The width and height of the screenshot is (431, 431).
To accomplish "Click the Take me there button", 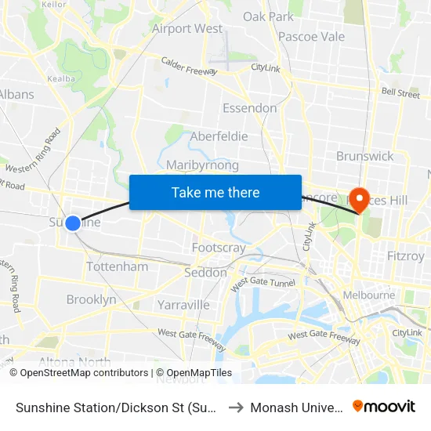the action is tap(215, 192).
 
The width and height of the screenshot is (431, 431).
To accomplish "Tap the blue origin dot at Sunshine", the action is tap(73, 223).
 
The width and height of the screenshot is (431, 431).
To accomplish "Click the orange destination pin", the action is tap(360, 199).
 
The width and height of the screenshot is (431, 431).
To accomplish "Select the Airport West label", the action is tap(187, 29).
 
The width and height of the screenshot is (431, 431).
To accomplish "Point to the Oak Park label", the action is tap(268, 16).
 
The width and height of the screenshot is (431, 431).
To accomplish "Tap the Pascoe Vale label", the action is tap(311, 36).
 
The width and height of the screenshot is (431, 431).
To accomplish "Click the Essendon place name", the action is tap(249, 107).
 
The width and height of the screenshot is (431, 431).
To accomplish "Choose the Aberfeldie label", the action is tap(219, 136).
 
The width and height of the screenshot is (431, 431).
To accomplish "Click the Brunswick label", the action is tap(365, 156).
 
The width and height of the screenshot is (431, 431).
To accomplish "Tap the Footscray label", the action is tap(219, 248).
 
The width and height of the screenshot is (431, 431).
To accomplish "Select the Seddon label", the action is tap(205, 273).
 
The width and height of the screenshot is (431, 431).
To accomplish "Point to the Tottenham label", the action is tap(117, 266).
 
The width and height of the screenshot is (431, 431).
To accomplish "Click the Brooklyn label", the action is tap(91, 299).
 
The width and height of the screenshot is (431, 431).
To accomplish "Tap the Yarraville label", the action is tap(183, 304).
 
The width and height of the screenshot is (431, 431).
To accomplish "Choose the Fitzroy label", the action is tap(405, 255).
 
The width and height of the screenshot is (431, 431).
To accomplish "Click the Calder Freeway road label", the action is tap(188, 65).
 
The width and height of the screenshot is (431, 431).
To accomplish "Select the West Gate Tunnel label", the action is tap(261, 281).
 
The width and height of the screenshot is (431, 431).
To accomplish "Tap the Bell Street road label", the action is tap(400, 93).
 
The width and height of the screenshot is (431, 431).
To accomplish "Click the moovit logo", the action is tap(383, 406).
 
